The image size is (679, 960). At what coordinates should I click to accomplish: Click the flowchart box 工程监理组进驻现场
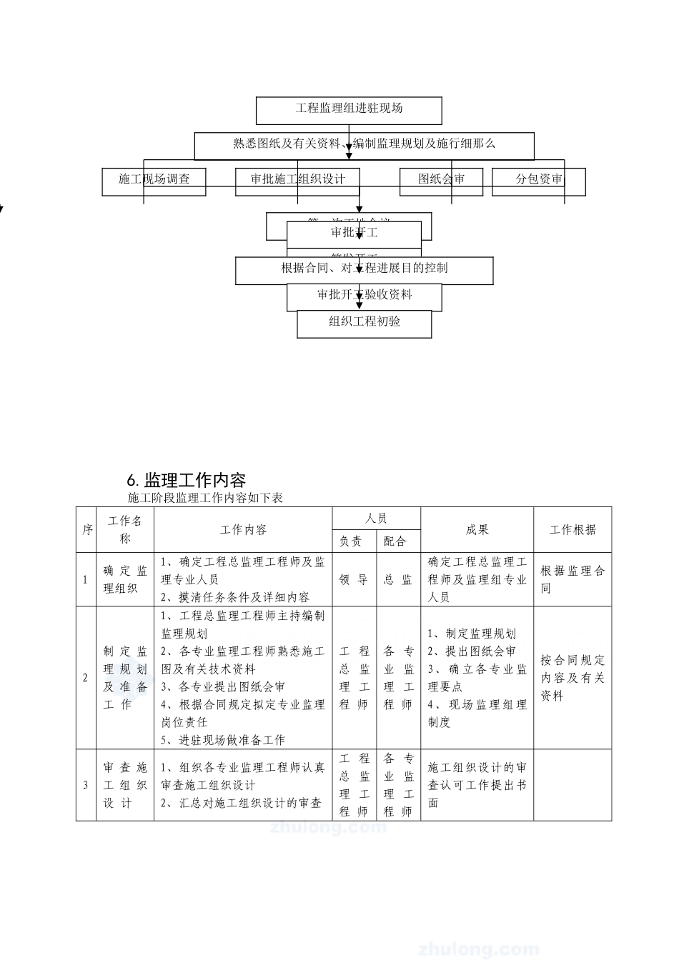[x=349, y=109]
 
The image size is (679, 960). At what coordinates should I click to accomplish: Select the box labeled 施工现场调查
[x=154, y=179]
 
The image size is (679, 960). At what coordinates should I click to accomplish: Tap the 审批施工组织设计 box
[x=297, y=179]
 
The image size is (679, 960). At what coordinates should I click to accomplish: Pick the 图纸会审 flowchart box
[x=441, y=179]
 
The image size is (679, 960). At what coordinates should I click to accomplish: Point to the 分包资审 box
[x=539, y=179]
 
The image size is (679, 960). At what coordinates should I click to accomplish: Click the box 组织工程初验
[x=365, y=322]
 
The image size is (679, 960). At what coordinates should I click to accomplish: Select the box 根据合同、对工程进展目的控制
[x=365, y=269]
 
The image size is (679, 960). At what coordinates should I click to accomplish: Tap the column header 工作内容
[x=243, y=530]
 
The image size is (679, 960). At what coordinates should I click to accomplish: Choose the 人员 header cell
[x=376, y=519]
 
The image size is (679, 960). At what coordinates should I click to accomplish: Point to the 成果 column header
[x=477, y=530]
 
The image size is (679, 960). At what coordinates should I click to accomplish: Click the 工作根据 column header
[x=573, y=530]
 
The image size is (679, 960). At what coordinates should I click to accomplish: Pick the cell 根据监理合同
[x=573, y=579]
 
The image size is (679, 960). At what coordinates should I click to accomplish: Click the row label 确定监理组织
[x=125, y=579]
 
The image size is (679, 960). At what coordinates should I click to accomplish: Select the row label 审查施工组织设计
[x=125, y=785]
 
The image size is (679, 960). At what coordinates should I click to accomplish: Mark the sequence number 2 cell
[x=86, y=678]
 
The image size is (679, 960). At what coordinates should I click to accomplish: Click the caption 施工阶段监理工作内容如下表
[x=205, y=498]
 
